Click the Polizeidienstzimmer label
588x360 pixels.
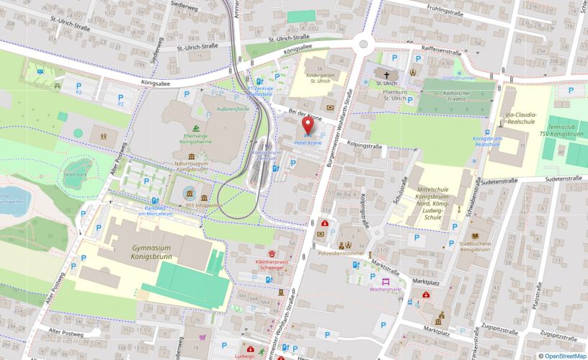[341, 254]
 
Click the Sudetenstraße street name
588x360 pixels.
[563, 177]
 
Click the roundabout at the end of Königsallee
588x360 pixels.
[363, 44]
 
